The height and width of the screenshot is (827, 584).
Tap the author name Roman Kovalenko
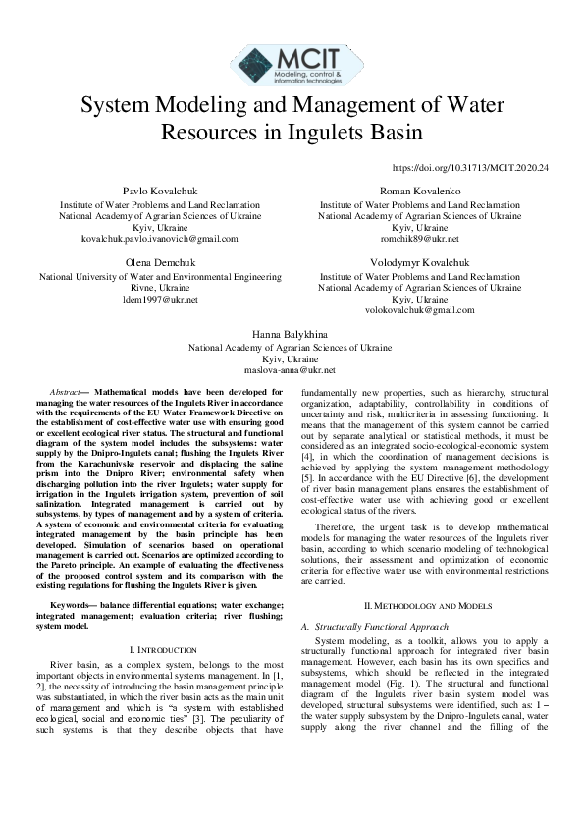pos(419,191)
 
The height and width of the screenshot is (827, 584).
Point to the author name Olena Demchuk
pos(143,264)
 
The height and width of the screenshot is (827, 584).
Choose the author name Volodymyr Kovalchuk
pos(419,264)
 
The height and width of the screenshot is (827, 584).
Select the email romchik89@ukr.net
pos(419,239)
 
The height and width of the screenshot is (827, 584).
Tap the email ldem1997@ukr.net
pos(143,299)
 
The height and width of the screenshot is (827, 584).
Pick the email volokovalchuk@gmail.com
pos(419,310)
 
